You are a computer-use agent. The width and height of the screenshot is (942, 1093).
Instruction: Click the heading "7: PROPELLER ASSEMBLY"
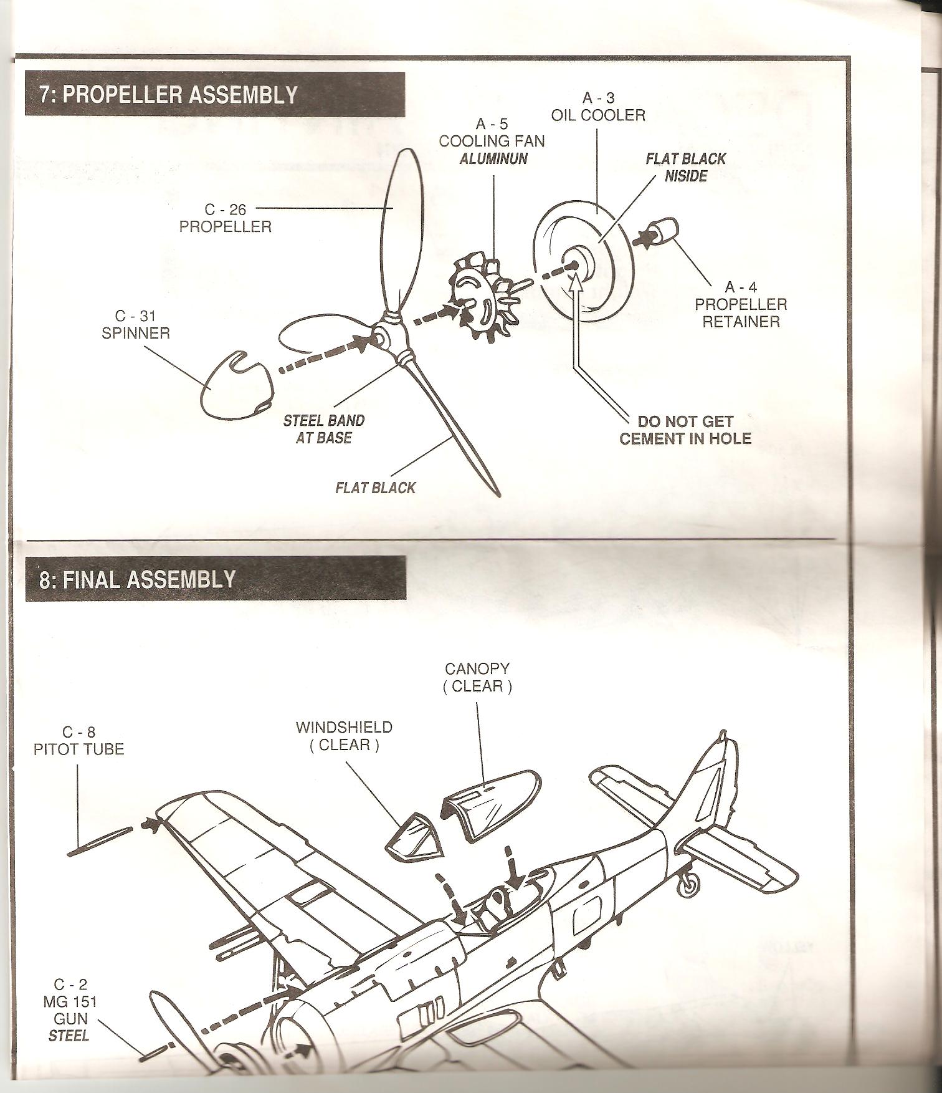click(168, 95)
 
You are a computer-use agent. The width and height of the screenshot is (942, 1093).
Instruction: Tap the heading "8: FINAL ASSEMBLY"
click(138, 579)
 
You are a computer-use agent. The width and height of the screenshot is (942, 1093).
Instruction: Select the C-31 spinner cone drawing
click(234, 385)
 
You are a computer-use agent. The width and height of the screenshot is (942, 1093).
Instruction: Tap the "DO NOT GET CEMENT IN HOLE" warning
click(685, 430)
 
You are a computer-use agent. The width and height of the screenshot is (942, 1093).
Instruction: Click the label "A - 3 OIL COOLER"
click(597, 107)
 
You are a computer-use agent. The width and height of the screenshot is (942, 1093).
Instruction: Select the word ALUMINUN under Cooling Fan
click(493, 159)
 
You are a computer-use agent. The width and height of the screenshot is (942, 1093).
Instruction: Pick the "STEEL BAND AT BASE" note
click(324, 429)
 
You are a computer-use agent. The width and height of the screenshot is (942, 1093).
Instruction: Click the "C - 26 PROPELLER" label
click(226, 218)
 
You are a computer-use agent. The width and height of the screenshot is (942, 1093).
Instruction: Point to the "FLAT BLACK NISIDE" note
click(685, 167)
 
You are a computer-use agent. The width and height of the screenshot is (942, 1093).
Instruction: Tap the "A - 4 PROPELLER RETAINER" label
click(741, 304)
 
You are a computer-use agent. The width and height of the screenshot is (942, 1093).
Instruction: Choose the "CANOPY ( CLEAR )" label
click(477, 677)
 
